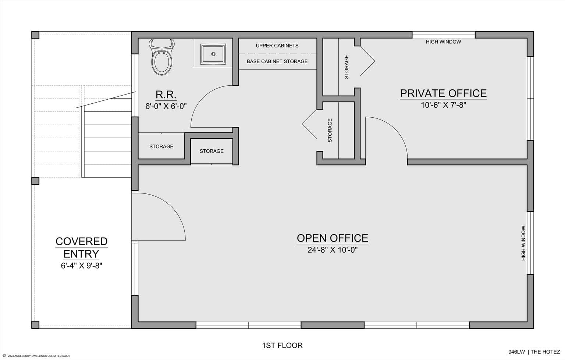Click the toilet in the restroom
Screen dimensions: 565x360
click(162, 57)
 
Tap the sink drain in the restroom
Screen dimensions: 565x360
click(213, 54)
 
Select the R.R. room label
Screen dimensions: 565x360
click(166, 95)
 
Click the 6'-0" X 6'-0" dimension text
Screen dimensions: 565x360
click(166, 106)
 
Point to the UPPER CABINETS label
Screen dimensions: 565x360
click(277, 46)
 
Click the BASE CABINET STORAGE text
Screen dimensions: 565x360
click(277, 61)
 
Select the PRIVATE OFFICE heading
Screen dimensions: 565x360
click(443, 93)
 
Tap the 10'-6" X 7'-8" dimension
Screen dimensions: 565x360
click(443, 105)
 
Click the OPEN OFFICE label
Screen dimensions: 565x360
click(333, 238)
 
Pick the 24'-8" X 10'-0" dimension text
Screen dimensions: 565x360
click(333, 250)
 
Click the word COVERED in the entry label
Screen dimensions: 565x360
click(81, 241)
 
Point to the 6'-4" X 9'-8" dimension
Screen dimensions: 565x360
click(81, 266)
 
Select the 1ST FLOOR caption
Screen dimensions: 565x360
click(282, 345)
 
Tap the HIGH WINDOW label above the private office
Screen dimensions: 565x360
click(443, 42)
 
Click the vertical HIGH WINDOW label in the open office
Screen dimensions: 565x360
click(523, 243)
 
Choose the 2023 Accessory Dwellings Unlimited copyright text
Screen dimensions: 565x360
click(36, 356)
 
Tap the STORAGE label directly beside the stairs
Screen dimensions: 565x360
click(161, 146)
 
